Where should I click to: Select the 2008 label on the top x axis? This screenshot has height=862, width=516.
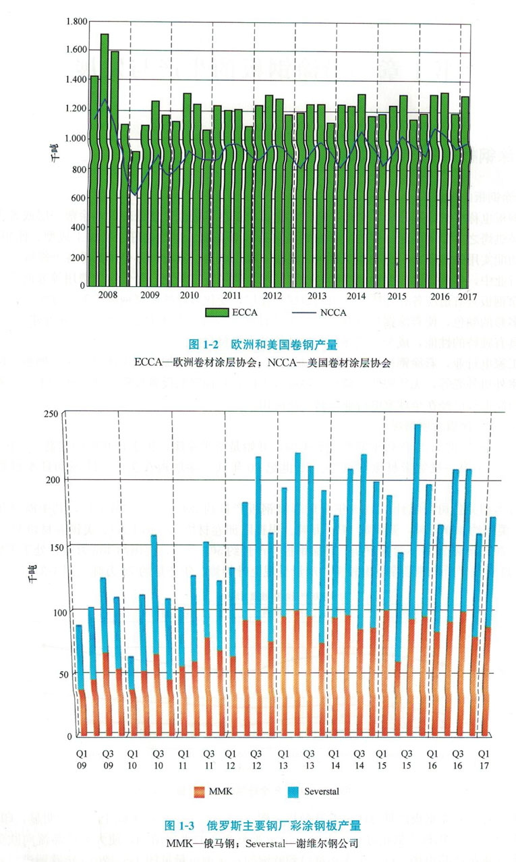[x=108, y=296]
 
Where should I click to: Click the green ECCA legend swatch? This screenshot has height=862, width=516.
[x=219, y=312]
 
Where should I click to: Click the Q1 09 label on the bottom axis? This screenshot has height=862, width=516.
[x=81, y=759]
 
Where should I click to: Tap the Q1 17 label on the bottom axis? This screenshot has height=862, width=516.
[x=484, y=759]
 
